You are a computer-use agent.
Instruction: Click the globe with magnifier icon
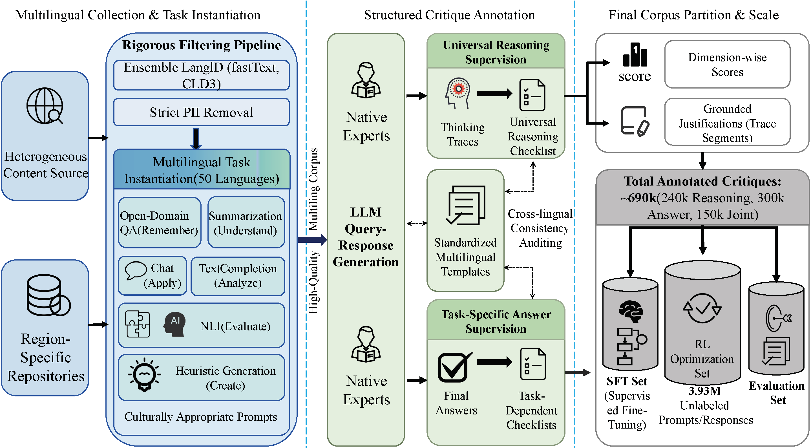45,106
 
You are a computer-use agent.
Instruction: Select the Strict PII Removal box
201,112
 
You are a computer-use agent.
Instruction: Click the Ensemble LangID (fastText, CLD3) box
201,76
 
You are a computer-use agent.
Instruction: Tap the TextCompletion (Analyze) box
238,276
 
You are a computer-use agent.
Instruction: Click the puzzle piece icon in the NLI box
138,324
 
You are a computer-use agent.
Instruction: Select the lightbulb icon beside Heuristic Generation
145,374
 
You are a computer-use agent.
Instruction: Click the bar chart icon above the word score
635,55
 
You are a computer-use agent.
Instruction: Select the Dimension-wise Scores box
727,65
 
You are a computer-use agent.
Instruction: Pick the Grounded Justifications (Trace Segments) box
727,123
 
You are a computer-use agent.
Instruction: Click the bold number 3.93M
704,391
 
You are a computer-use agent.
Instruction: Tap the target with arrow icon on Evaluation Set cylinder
778,318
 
